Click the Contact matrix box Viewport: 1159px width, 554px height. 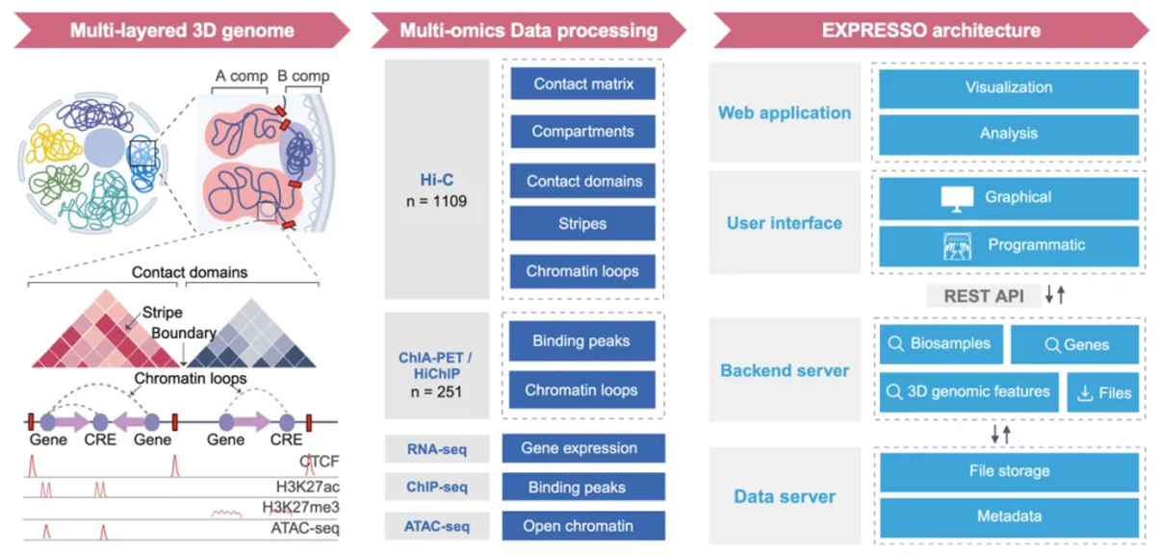(x=583, y=84)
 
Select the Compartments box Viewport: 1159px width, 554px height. (x=583, y=131)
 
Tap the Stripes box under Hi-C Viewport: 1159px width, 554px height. (x=583, y=223)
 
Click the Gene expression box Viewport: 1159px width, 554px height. (x=579, y=448)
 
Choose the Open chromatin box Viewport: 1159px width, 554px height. (x=579, y=526)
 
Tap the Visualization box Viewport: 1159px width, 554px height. (x=1009, y=87)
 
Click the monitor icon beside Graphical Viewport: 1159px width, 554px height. (x=955, y=197)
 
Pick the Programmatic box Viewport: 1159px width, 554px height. (x=1009, y=245)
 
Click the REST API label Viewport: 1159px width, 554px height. (x=983, y=295)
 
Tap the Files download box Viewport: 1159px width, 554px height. (x=1102, y=392)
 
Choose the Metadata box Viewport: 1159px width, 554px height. (x=1009, y=516)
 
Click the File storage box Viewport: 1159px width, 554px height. (x=1009, y=471)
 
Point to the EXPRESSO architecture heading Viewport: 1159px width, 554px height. (x=930, y=30)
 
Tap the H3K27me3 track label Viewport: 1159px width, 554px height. (x=301, y=507)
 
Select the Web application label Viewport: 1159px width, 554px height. (x=785, y=113)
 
